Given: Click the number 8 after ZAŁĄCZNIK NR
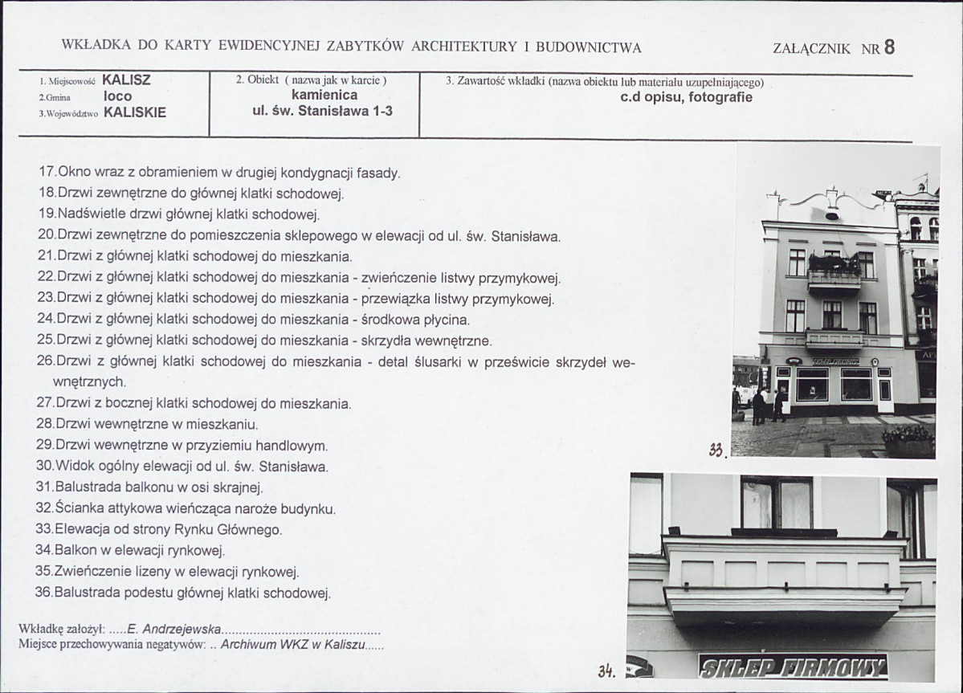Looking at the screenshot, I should pyautogui.click(x=888, y=47).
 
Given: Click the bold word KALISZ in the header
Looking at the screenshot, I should pyautogui.click(x=126, y=80).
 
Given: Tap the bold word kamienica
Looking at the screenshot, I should pyautogui.click(x=324, y=95).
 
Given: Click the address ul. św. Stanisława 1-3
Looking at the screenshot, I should pyautogui.click(x=322, y=111).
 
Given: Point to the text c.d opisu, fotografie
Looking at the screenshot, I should pyautogui.click(x=686, y=98).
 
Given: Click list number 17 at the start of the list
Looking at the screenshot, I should pyautogui.click(x=47, y=173).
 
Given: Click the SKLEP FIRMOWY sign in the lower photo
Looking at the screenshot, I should pyautogui.click(x=793, y=666).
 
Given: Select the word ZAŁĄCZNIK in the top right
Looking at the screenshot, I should pyautogui.click(x=811, y=48).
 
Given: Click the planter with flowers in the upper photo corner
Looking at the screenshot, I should pyautogui.click(x=908, y=440).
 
